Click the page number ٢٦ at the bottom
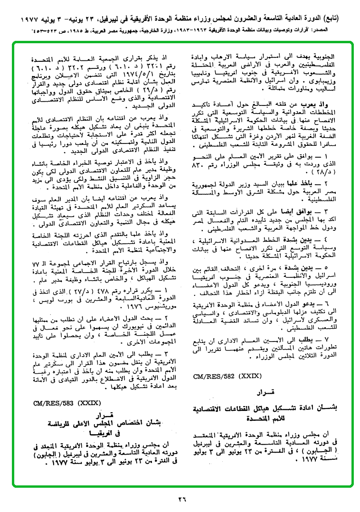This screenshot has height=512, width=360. (182, 499)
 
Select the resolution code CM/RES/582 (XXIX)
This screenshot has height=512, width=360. (227, 377)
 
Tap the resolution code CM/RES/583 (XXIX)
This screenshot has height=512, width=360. (67, 403)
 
